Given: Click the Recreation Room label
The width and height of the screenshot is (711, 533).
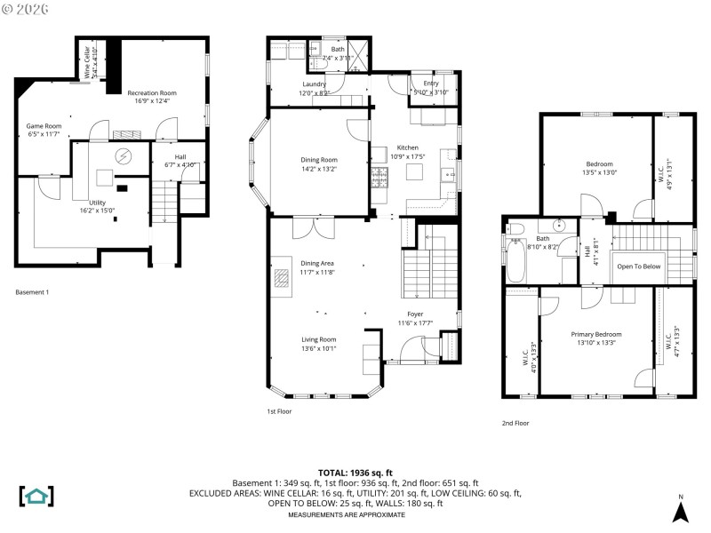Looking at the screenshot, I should click(151, 92).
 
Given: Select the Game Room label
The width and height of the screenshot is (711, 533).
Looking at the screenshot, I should click(44, 126).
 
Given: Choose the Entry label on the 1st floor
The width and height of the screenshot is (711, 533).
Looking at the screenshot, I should click(431, 84).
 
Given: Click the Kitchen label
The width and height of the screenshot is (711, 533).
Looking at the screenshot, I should click(407, 147).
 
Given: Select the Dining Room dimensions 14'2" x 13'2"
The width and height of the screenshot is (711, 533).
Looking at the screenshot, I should click(319, 169).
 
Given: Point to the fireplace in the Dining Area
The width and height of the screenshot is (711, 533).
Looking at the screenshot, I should click(282, 277).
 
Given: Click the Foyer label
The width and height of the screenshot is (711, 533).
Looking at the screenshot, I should click(415, 314).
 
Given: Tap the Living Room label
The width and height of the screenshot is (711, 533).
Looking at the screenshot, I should click(319, 338).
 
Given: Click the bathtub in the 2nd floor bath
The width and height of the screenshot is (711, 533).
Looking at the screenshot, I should click(516, 259).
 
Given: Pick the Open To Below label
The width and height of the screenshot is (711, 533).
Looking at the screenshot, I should click(638, 266).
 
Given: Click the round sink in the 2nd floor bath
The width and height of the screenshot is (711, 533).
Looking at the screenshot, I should click(560, 225).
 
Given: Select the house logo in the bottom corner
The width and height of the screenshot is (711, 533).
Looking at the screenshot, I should click(36, 496).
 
